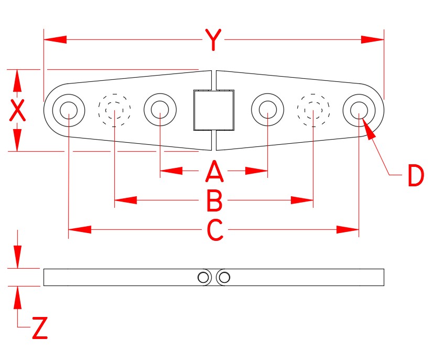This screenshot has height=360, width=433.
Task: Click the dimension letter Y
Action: [212, 40]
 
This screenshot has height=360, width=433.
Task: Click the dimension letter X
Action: [18, 111]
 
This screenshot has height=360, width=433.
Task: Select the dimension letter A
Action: [214, 171]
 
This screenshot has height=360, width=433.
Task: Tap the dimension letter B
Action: [214, 200]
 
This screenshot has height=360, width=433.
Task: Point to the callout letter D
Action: [415, 176]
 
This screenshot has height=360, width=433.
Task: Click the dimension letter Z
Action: [40, 329]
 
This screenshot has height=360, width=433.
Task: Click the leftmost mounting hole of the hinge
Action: [69, 110]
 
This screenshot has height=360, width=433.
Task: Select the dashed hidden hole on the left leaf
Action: [114, 110]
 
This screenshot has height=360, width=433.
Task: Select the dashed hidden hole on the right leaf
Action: [313, 110]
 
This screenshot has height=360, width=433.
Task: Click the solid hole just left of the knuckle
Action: [160, 110]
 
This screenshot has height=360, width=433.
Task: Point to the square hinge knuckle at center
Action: [213, 110]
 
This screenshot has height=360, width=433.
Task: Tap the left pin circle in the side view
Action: [203, 277]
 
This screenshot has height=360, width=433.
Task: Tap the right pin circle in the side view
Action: [225, 277]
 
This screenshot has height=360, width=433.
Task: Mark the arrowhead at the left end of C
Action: [79, 230]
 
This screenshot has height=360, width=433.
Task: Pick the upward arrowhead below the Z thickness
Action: [18, 296]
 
